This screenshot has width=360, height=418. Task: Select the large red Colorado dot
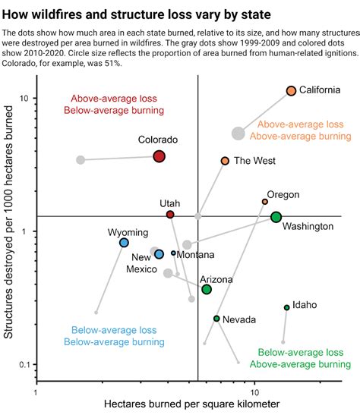pyautogui.click(x=159, y=156)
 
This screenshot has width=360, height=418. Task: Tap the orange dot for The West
pyautogui.click(x=225, y=161)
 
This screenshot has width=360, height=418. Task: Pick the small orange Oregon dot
pyautogui.click(x=265, y=202)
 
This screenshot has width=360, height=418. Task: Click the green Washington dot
pyautogui.click(x=276, y=217)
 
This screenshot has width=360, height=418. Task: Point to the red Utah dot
pyautogui.click(x=170, y=215)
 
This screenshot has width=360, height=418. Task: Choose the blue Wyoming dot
pyautogui.click(x=124, y=243)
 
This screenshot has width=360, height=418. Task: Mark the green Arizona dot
pyautogui.click(x=207, y=289)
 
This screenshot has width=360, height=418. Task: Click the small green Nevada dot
pyautogui.click(x=216, y=319)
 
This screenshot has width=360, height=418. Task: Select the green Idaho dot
pyautogui.click(x=286, y=307)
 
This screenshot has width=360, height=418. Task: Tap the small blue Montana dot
pyautogui.click(x=173, y=253)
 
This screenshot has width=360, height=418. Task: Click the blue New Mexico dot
pyautogui.click(x=159, y=254)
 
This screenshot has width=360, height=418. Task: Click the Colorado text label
pyautogui.click(x=158, y=140)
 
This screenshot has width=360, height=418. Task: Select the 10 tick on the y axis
pyautogui.click(x=24, y=99)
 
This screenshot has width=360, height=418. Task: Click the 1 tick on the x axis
pyautogui.click(x=36, y=393)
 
